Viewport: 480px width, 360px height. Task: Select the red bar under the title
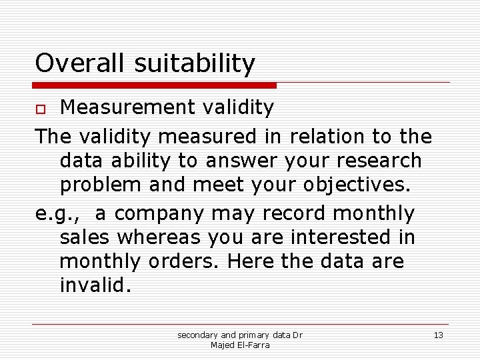click(x=155, y=85)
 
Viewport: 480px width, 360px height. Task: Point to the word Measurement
click(x=126, y=107)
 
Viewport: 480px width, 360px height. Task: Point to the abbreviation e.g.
click(x=59, y=214)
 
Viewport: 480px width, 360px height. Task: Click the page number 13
click(x=438, y=335)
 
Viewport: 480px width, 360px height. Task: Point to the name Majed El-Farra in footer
click(x=239, y=345)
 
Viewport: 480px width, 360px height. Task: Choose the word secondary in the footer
click(x=198, y=335)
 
